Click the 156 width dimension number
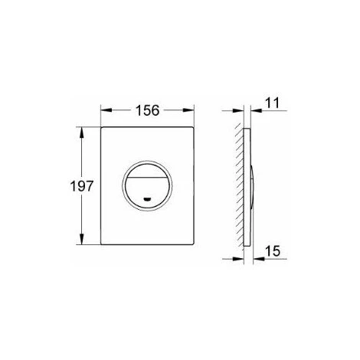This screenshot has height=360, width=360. pos(147,110)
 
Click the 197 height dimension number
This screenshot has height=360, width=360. pos(82,186)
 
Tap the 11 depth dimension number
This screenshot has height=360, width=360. pos(272,103)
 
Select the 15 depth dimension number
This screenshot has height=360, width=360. pos(273,250)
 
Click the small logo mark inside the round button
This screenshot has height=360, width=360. pos(147,199)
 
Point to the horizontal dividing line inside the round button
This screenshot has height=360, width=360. pos(147,177)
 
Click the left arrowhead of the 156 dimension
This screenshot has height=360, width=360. pos(106,110)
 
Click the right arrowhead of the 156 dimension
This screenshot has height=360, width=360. pos(188,110)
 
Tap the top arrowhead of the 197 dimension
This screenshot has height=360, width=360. pos(82,133)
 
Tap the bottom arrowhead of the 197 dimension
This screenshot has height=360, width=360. pos(82,239)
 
